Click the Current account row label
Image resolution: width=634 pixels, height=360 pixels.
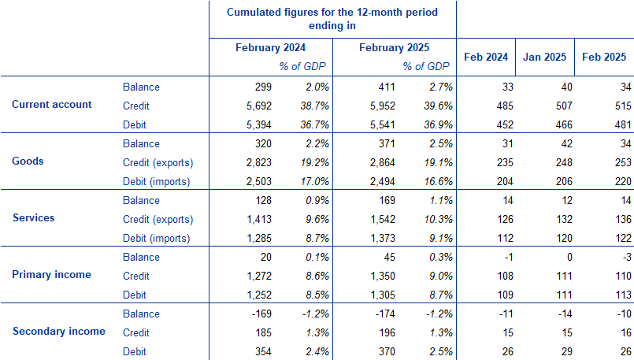(52, 105)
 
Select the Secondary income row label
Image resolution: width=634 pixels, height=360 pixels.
(59, 332)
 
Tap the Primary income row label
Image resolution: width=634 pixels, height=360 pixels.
(52, 275)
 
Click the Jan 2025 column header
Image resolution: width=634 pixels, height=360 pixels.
(545, 58)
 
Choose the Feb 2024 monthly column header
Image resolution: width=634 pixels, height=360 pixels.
(487, 58)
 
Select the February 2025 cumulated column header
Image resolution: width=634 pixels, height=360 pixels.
(395, 48)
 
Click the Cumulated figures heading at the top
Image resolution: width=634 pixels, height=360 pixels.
(332, 19)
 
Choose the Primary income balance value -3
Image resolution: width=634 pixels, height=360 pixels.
(621, 257)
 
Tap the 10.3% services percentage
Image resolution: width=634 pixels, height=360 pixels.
(434, 219)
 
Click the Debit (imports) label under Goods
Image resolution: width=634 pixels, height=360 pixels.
(158, 181)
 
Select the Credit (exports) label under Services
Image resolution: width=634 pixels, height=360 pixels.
(158, 219)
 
